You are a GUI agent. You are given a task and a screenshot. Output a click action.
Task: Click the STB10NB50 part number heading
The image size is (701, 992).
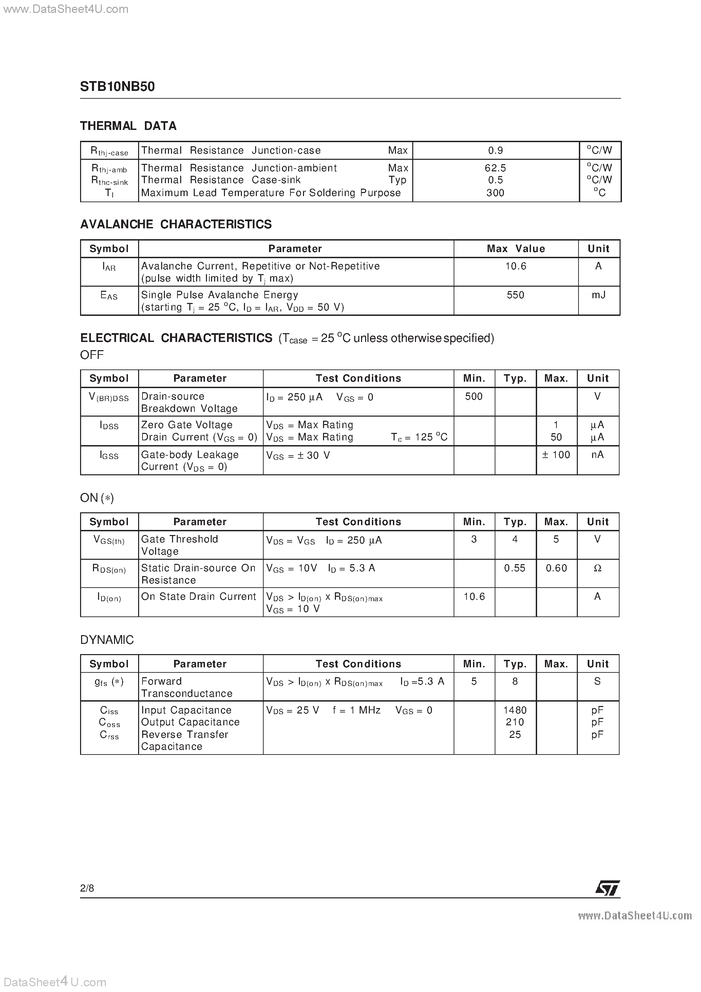point(117,87)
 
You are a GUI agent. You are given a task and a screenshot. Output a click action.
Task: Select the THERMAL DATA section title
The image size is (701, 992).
point(128,126)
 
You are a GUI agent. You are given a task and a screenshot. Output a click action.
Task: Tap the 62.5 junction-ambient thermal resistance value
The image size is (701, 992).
point(495,168)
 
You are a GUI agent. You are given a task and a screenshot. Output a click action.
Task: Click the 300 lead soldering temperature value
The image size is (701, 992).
point(495,193)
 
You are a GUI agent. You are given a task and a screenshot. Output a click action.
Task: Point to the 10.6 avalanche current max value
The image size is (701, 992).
point(516,266)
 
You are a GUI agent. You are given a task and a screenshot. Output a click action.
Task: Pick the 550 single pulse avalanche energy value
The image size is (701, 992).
point(516,295)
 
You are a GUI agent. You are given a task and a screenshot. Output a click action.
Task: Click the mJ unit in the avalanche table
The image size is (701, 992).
point(599,295)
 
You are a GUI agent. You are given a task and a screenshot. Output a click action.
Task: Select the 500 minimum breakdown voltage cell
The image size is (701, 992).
point(474,396)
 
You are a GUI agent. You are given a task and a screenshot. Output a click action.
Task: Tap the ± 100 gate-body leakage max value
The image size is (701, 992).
point(556,455)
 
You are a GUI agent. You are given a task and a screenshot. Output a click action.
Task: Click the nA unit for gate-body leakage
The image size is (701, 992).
point(598,455)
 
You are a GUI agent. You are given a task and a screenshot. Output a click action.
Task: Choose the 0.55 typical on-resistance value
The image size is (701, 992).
point(515,568)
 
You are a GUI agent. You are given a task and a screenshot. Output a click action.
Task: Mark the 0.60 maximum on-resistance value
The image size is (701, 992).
point(556,568)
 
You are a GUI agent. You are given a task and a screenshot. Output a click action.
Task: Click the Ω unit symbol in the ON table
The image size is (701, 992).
point(598,568)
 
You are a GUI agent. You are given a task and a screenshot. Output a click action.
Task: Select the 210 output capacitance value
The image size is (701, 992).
point(515,722)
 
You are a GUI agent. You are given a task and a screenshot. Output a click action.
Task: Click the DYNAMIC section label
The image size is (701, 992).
point(107,640)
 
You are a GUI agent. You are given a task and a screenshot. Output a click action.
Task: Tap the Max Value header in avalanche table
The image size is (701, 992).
point(516,249)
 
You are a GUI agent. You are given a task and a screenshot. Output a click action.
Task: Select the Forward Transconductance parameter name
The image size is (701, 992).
point(187,687)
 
